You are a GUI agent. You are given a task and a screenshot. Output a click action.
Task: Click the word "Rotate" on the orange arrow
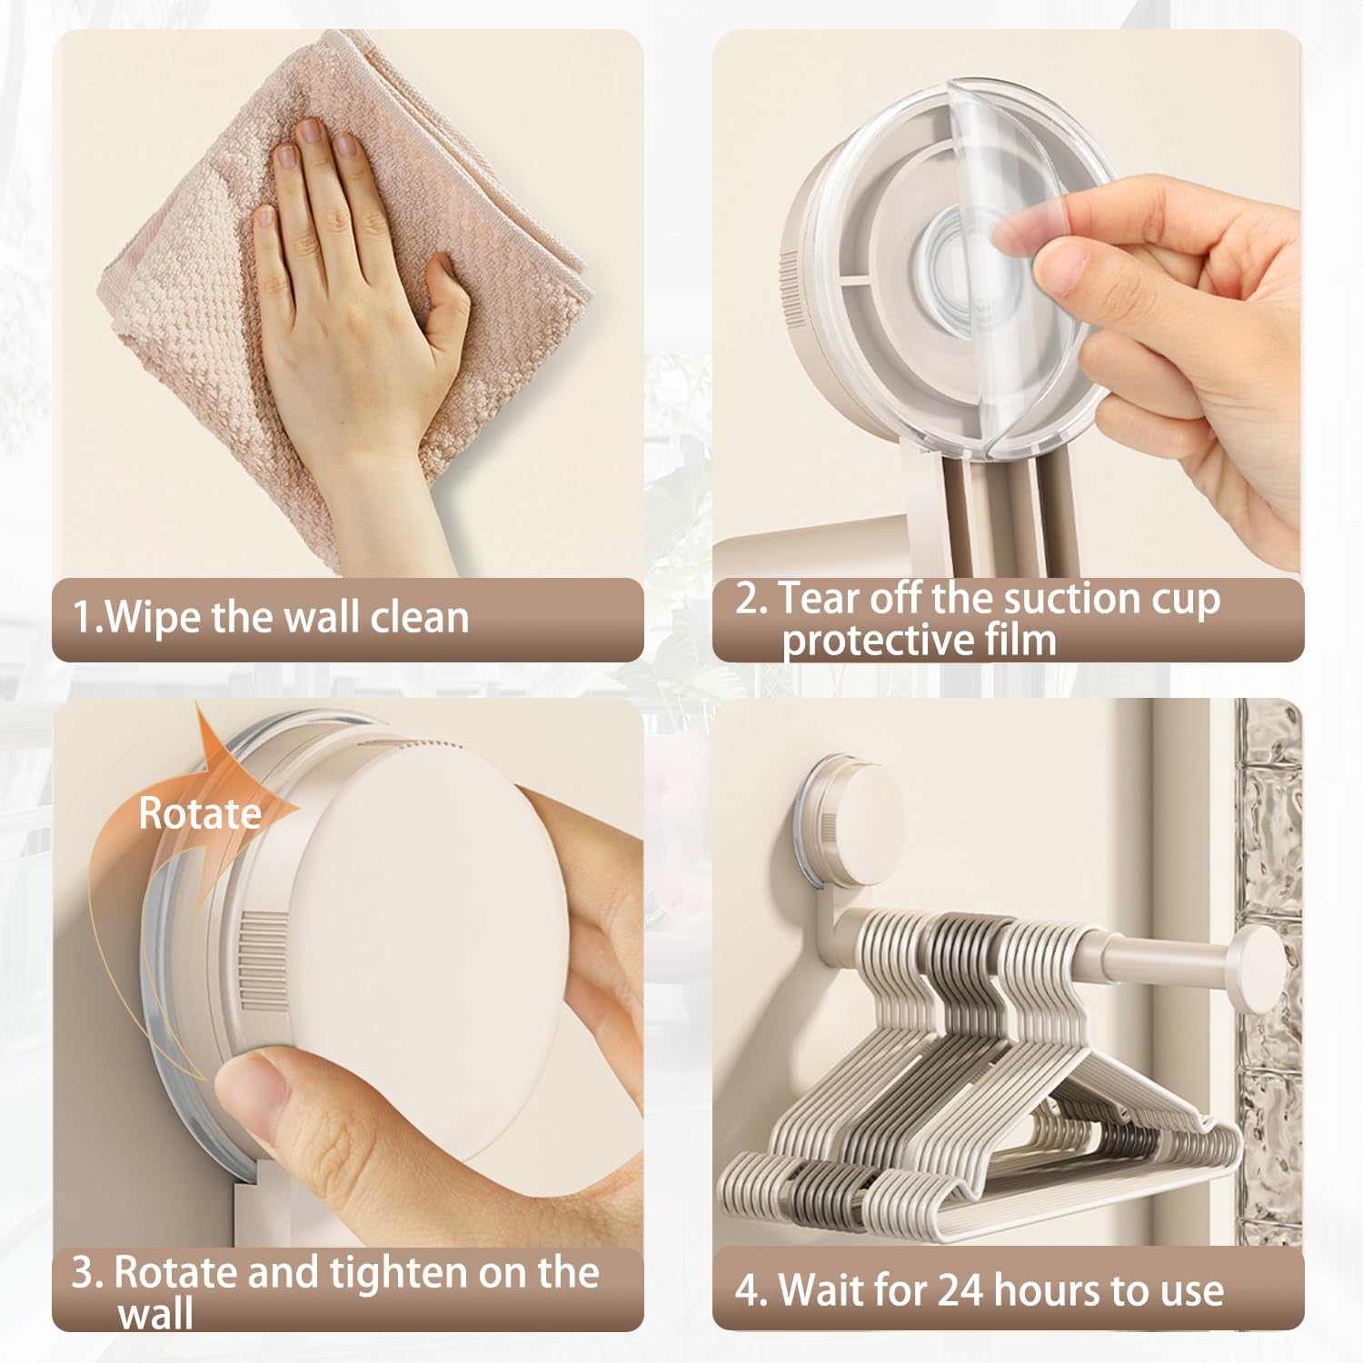[x=200, y=813]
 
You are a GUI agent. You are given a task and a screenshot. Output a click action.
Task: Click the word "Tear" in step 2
[x=819, y=598]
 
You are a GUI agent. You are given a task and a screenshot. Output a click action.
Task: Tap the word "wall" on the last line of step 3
[x=155, y=1314]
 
